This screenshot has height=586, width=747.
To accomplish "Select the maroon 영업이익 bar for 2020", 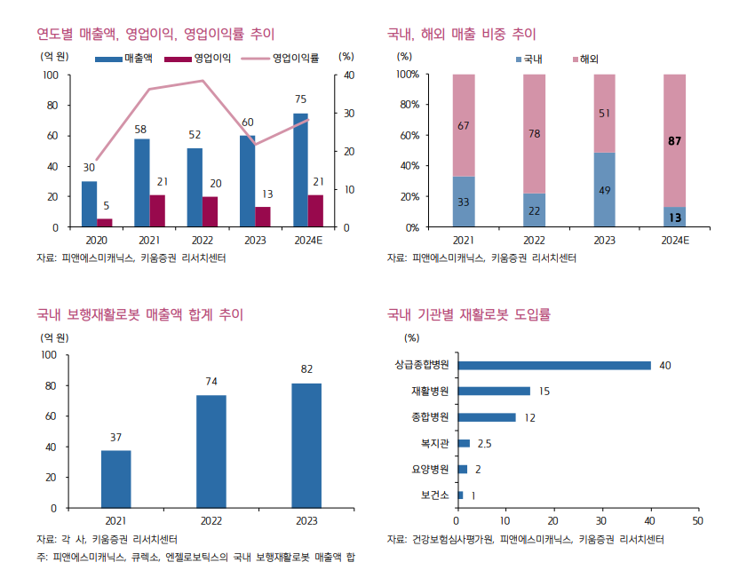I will click(105, 223).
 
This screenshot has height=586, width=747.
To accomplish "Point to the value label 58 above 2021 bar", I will click(140, 130).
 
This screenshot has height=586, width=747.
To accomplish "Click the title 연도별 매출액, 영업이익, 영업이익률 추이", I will click(155, 34).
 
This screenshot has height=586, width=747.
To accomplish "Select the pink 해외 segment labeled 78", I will click(534, 133).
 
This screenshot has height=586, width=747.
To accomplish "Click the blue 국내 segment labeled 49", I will click(604, 189).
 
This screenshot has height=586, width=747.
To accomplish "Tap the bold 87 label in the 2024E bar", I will click(674, 140).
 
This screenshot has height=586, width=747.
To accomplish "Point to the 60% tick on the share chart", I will click(408, 135).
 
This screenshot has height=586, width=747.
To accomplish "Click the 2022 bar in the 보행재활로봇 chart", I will click(211, 451).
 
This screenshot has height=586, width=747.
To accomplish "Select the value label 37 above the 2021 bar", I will click(115, 437).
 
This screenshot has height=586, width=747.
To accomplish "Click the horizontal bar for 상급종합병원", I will click(553, 365).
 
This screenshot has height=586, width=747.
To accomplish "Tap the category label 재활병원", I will click(430, 392).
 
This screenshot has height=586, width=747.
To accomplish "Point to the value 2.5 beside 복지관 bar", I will click(484, 443).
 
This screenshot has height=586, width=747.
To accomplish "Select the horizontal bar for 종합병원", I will click(486, 417).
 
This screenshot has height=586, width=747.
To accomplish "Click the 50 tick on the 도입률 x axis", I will click(697, 521).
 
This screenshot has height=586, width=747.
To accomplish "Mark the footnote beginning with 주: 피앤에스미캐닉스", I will click(195, 557).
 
